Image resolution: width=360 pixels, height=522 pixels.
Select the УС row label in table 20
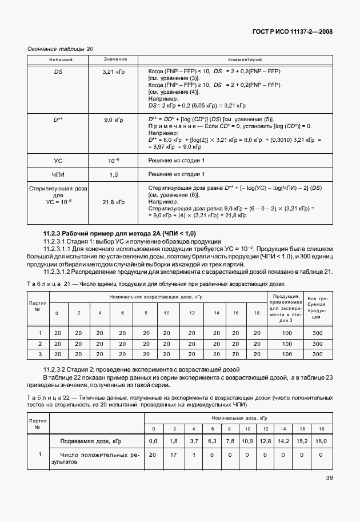[58, 161]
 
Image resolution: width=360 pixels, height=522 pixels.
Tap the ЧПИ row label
[58, 174]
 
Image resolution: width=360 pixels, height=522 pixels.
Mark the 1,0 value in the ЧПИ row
[114, 174]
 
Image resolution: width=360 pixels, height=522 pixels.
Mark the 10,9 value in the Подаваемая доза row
[247, 441]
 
